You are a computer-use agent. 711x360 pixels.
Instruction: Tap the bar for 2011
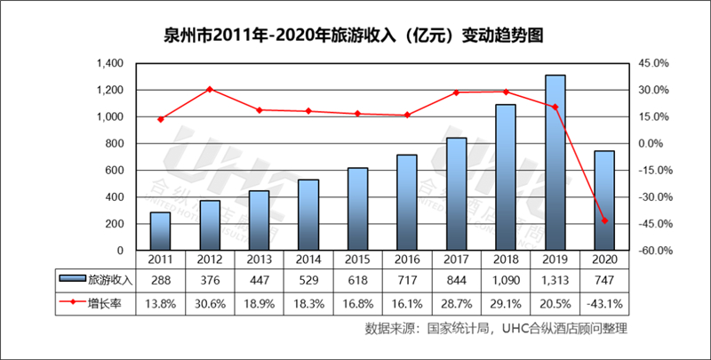160,231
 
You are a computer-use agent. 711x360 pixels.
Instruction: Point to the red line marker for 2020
603,220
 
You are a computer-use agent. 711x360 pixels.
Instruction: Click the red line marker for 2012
209,89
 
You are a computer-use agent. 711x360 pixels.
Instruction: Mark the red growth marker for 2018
505,92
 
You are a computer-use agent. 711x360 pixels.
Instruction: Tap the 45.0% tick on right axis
656,64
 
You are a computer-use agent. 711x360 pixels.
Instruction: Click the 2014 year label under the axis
308,260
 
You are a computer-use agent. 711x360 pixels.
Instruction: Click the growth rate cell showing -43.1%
603,303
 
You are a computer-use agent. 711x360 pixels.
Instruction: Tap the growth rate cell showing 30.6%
209,303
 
